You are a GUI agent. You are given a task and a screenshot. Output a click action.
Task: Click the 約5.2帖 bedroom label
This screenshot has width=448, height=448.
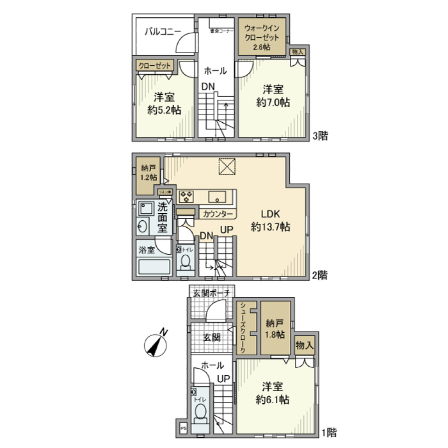[x=164, y=104]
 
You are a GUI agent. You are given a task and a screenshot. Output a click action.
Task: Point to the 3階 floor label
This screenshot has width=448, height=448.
[x=321, y=136]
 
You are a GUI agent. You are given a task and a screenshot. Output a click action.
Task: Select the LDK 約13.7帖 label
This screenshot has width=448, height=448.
[x=270, y=221]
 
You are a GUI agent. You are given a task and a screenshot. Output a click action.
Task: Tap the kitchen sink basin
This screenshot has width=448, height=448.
[x=217, y=196]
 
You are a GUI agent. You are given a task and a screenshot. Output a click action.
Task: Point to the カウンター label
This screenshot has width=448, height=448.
[x=218, y=214]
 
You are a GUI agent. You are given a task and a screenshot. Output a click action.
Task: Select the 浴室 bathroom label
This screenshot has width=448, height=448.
[x=147, y=251]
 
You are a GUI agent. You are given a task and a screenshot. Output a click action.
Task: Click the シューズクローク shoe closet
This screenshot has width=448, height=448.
[x=245, y=327]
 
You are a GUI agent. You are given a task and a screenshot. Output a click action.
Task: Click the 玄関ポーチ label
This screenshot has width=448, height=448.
[x=211, y=293]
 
